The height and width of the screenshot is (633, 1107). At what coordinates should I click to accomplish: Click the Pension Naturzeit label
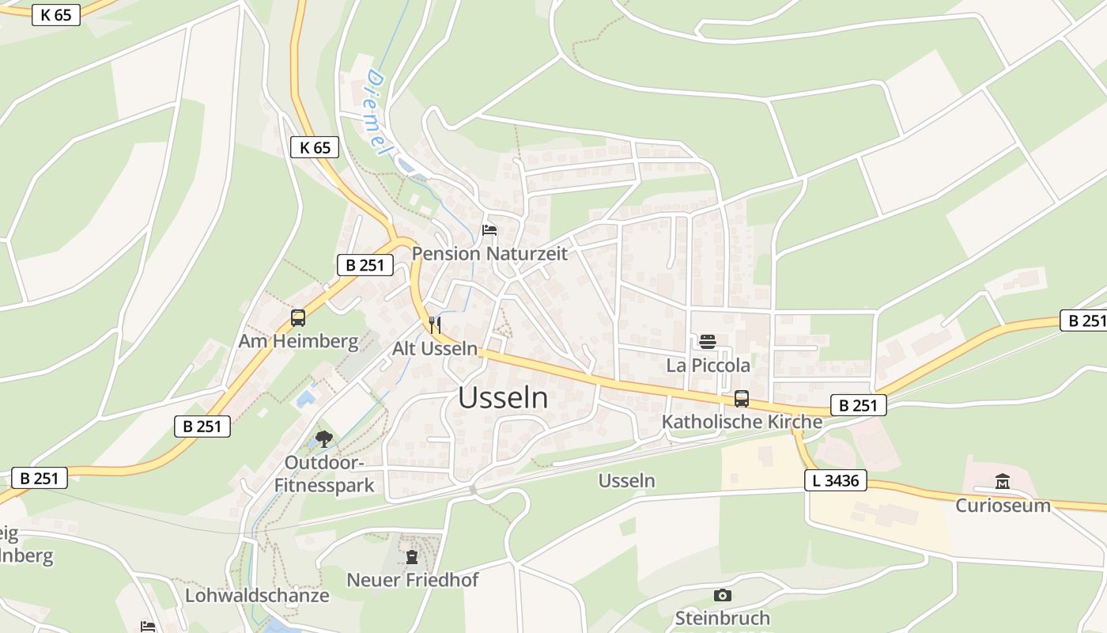click(x=490, y=254)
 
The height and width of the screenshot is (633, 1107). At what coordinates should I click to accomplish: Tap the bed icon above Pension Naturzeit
click(x=489, y=231)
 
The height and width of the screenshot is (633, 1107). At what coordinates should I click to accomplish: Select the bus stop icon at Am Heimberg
click(x=298, y=318)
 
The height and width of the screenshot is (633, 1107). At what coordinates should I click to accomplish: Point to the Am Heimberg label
click(x=299, y=342)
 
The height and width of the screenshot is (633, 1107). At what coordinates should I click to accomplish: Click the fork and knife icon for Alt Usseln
click(x=434, y=324)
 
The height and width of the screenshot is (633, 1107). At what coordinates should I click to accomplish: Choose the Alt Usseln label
click(x=435, y=348)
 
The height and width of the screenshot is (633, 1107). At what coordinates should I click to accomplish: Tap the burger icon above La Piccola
click(x=708, y=342)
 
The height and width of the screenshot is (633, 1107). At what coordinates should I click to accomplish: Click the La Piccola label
click(x=708, y=366)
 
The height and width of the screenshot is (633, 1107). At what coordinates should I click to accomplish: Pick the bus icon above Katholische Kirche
click(x=742, y=398)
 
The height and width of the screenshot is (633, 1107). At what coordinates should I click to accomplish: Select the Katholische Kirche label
click(x=742, y=422)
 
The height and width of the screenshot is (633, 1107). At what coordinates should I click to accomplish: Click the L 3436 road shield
click(x=836, y=480)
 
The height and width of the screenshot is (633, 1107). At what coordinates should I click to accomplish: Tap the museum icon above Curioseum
click(x=1003, y=481)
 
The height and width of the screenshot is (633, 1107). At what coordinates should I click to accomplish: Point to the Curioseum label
click(x=1003, y=506)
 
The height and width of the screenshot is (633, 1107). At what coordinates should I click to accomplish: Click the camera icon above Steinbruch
click(x=722, y=595)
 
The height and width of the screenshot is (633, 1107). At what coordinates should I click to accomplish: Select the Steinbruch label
click(x=722, y=618)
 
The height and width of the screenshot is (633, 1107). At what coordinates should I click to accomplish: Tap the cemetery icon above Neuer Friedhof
click(x=411, y=557)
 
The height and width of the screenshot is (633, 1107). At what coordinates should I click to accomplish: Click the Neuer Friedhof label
click(x=413, y=580)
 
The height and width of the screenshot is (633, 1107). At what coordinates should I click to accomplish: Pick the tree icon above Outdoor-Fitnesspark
click(x=323, y=439)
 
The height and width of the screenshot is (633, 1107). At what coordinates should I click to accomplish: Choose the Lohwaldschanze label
click(x=257, y=596)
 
